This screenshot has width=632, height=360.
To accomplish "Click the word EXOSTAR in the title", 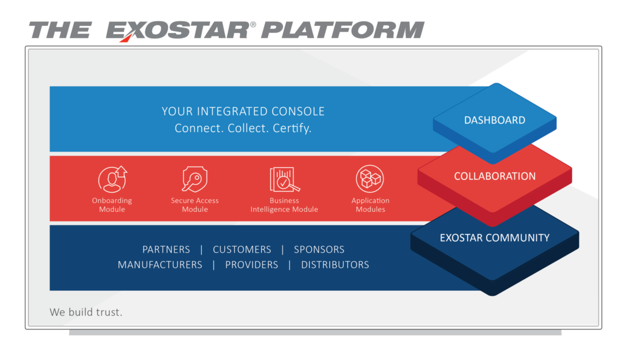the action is pos(178,31).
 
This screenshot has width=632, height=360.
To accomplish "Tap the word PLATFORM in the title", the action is pos(343,30).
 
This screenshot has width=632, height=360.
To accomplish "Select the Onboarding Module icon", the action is pos(112,179).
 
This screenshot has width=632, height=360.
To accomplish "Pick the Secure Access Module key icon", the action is pos(195,179).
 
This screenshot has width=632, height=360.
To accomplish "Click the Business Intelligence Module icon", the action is pos(284,179).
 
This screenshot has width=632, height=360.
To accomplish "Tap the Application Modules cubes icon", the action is pos(370,179).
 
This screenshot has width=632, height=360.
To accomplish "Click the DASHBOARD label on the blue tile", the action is pos(495,120).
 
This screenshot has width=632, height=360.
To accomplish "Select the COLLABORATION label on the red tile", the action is pos(495,176).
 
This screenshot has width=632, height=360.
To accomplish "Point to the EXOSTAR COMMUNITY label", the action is pos(495,238).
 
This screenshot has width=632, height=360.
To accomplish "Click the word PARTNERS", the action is pos(166,250).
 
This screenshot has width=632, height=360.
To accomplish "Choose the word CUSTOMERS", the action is pos(242,250).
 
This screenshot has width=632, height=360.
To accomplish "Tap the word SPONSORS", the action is pos(319,250).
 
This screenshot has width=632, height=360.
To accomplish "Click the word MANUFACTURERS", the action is pos(160,265).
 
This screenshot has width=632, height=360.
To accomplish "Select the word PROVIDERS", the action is pos(251,265).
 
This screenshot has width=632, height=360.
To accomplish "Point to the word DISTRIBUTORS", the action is pos(335,265).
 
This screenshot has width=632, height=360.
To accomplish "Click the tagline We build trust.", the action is pos(86,312).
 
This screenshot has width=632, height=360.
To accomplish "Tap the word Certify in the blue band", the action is pos(292,128).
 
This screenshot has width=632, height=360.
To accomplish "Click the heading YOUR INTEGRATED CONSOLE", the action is pos(243,111).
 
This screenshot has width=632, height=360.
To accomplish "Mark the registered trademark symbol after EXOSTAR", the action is pos(253,25).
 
